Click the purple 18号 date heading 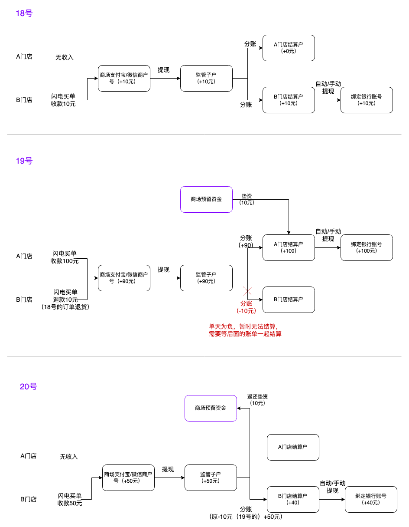click(x=24, y=13)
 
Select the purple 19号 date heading click(x=24, y=161)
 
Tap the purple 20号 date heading click(x=29, y=387)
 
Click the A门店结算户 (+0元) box click(x=289, y=48)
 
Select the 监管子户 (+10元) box click(x=206, y=78)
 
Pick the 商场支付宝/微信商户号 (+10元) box click(x=124, y=78)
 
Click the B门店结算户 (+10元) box click(x=289, y=100)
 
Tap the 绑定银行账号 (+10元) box click(x=367, y=100)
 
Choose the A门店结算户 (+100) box click(x=289, y=247)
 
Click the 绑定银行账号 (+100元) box click(x=367, y=247)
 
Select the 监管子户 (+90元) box click(x=206, y=278)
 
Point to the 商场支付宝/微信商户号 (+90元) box click(x=124, y=278)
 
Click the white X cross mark click(x=247, y=291)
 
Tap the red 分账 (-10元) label click(x=247, y=307)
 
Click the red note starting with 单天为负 click(x=245, y=330)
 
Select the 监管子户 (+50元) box click(x=211, y=478)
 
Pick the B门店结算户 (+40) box click(x=293, y=499)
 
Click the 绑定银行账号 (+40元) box click(x=371, y=499)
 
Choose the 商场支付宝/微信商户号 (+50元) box click(x=128, y=478)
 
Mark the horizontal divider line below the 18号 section click(x=204, y=135)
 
